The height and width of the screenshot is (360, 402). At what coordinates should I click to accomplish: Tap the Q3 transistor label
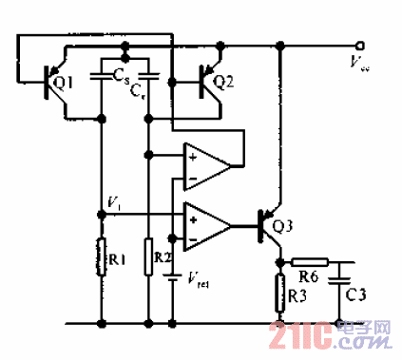(x=283, y=227)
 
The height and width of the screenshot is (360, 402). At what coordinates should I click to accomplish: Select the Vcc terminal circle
(x=360, y=45)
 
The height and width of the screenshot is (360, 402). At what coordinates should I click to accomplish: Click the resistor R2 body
(x=149, y=256)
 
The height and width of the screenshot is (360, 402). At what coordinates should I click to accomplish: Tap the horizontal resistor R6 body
(x=309, y=260)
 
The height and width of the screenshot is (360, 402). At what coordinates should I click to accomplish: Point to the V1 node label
(x=114, y=203)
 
